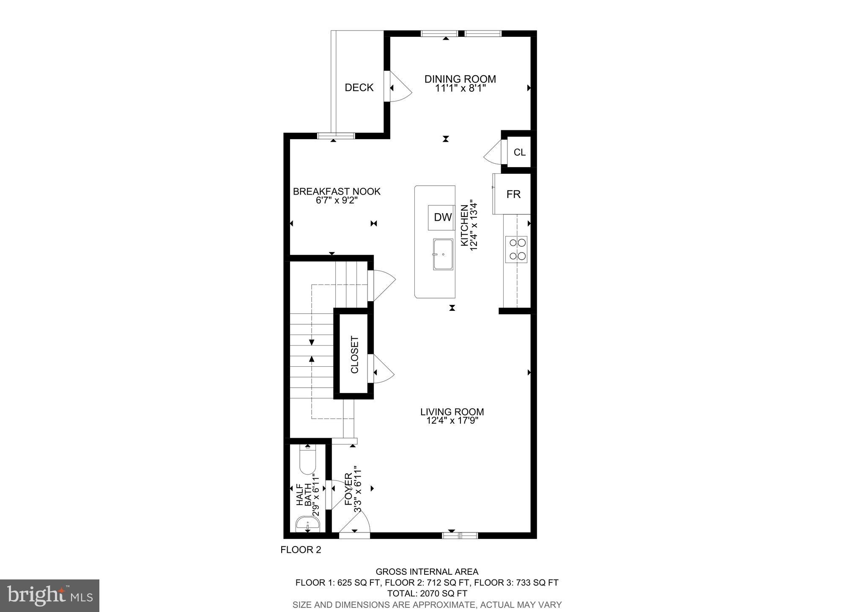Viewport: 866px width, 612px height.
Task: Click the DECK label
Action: point(359,88)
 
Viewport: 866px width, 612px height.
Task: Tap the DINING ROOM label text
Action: point(460,79)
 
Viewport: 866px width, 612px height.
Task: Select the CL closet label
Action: point(519,152)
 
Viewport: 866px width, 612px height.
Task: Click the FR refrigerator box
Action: point(513,195)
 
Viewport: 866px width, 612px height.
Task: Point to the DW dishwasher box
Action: point(442,217)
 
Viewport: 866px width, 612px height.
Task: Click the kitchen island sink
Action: point(443,254)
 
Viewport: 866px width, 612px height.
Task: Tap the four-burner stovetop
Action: point(516,249)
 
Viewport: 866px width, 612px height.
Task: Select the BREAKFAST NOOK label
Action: point(337,192)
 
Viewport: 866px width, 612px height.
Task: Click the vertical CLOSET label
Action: point(354,354)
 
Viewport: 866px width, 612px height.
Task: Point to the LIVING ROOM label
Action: point(452,412)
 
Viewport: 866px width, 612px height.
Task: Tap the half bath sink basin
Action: point(307,524)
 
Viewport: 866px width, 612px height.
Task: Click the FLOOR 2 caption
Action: point(301,550)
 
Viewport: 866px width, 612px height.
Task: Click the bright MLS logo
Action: point(49,596)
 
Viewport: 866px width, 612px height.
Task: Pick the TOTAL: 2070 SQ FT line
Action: point(427,593)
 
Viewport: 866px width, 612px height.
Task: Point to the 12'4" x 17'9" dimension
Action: point(452,420)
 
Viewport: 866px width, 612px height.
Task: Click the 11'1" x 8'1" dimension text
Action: point(460,88)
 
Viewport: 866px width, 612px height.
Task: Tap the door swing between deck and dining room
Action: point(400,87)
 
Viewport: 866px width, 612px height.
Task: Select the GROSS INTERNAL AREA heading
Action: point(427,572)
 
